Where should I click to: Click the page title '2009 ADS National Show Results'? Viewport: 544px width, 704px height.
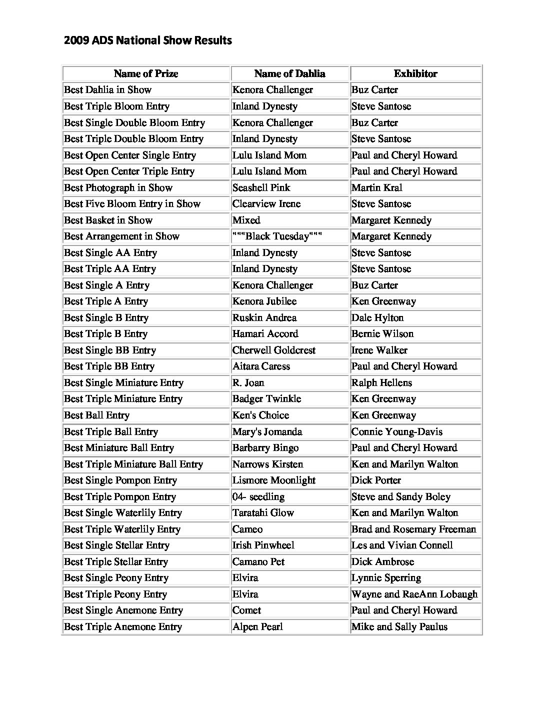[x=148, y=40]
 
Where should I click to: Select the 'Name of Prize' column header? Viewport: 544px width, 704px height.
[x=145, y=74]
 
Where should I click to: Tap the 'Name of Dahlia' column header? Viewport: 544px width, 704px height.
[x=289, y=74]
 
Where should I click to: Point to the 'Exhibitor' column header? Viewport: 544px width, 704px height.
[x=415, y=74]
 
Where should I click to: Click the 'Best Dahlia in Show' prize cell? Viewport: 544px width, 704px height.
[x=107, y=90]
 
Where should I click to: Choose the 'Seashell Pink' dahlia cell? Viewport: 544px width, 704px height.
[x=261, y=187]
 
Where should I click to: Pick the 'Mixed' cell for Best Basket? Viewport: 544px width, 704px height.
[x=246, y=220]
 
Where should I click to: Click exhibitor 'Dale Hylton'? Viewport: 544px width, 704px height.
[x=377, y=317]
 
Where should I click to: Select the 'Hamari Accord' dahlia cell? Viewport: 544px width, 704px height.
[x=265, y=334]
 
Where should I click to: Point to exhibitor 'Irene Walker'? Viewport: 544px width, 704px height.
[x=379, y=350]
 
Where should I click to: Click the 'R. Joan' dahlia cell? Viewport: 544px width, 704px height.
[x=248, y=382]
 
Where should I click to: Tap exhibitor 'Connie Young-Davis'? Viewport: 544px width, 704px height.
[x=396, y=431]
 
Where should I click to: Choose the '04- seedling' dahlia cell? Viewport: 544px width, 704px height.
[x=258, y=496]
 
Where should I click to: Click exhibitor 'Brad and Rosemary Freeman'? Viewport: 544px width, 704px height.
[x=413, y=529]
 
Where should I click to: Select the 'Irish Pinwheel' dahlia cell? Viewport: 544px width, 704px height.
[x=263, y=545]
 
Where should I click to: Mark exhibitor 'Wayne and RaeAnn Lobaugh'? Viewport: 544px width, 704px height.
[x=414, y=594]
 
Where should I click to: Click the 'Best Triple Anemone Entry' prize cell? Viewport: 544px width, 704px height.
[x=123, y=626]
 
